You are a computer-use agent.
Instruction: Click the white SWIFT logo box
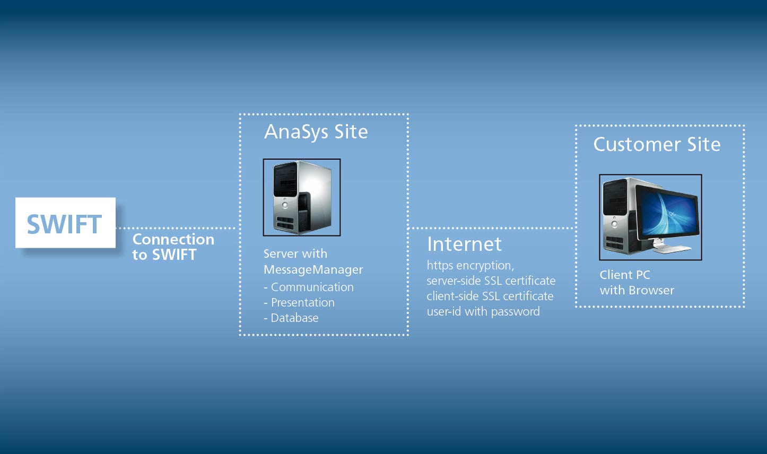(x=65, y=223)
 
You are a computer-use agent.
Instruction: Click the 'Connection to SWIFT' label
(x=173, y=247)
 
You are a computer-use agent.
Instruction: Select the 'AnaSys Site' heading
(x=316, y=132)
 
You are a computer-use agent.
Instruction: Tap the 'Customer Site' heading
(x=657, y=144)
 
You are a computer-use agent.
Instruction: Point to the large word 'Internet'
(x=464, y=244)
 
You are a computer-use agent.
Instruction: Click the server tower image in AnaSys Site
(x=302, y=197)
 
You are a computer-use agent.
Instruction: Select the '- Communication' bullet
(x=309, y=287)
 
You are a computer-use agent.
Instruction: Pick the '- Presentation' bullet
(x=299, y=302)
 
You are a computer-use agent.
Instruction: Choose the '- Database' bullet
(x=291, y=318)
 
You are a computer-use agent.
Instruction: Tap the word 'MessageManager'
(x=313, y=270)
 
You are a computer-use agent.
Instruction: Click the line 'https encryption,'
(x=470, y=265)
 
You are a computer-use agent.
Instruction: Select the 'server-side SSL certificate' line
(x=491, y=281)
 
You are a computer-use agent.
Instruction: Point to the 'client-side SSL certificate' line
(x=490, y=296)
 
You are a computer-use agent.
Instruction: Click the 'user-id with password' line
(x=483, y=311)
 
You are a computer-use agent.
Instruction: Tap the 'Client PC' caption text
(x=625, y=275)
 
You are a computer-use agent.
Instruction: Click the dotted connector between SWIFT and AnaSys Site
(x=176, y=228)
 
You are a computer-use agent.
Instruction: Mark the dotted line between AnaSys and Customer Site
(x=492, y=228)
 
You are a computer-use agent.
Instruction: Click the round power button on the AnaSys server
(x=285, y=205)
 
